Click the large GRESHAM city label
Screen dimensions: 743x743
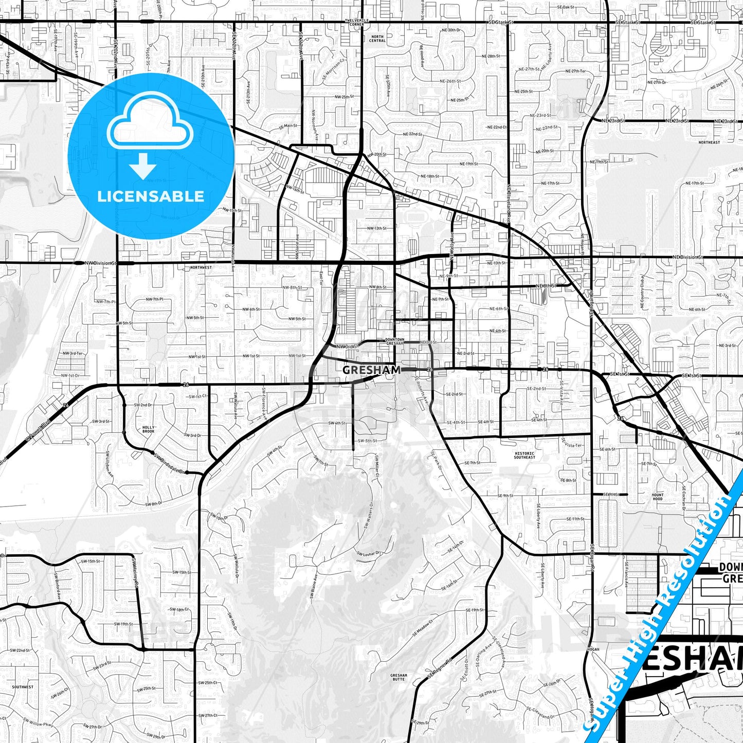(371, 370)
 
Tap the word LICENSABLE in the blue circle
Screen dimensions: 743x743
(151, 196)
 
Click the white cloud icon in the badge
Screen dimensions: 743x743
(150, 125)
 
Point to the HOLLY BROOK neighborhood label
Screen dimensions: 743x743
(149, 429)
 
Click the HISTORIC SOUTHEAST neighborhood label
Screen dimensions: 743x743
(524, 456)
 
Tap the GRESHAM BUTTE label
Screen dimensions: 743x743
(398, 677)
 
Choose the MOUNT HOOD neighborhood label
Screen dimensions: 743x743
(658, 497)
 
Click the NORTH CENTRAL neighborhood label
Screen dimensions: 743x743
(377, 39)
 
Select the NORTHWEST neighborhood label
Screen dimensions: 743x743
(201, 267)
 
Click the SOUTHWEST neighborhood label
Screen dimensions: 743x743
(23, 687)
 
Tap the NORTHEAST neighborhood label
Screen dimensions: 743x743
(709, 142)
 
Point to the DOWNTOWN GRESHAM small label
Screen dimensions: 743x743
(394, 341)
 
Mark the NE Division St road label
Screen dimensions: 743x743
(687, 257)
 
